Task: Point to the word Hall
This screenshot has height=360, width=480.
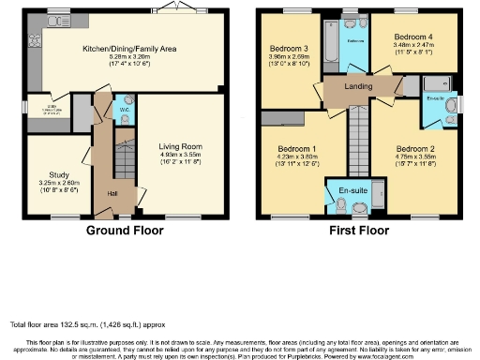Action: tap(112, 193)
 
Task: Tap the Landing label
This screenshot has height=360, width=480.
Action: tap(357, 87)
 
